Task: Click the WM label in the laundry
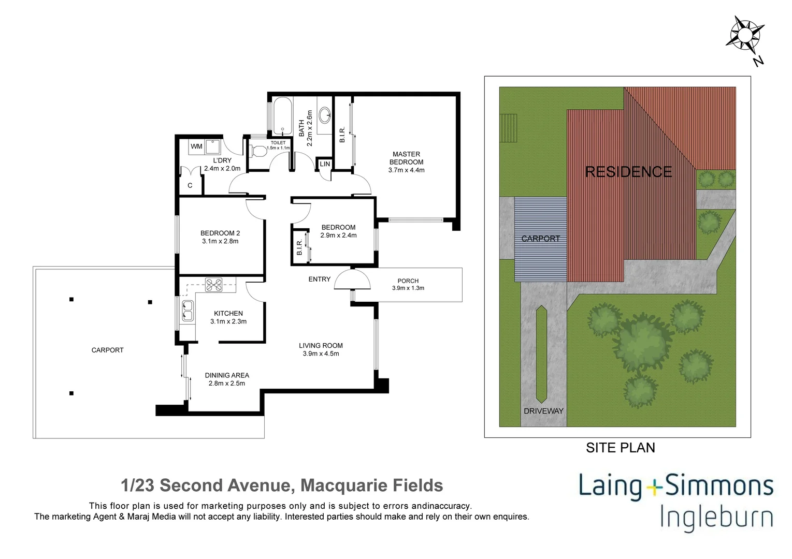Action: click(196, 146)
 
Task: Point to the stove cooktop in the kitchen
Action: click(213, 285)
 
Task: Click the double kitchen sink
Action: click(187, 311)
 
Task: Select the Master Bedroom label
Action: click(406, 158)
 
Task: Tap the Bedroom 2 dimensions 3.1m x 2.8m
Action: click(220, 241)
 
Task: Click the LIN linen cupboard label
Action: click(325, 164)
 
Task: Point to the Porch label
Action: click(408, 281)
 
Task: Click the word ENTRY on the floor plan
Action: click(319, 279)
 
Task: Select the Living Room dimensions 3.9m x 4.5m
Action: click(321, 354)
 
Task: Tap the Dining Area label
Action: click(226, 375)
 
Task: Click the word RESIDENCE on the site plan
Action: click(628, 171)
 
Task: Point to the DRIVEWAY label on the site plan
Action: click(543, 411)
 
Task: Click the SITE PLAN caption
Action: click(620, 448)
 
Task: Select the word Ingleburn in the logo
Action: click(716, 518)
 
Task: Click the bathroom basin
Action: click(325, 114)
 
